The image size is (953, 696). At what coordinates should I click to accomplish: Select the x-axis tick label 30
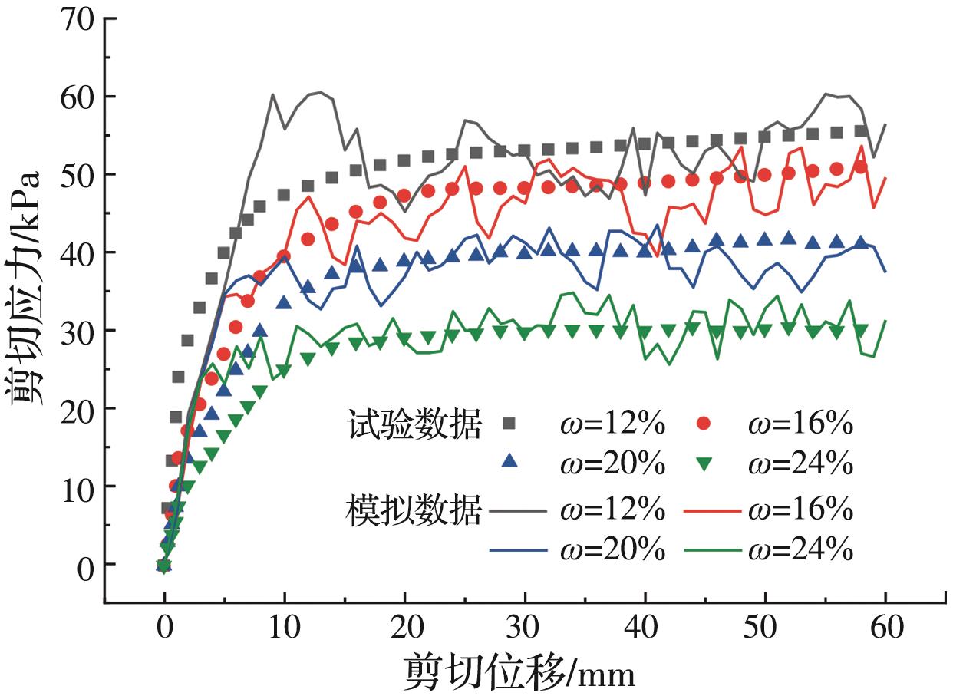525,629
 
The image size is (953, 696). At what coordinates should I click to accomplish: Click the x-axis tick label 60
885,629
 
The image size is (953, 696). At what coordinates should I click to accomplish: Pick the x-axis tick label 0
164,629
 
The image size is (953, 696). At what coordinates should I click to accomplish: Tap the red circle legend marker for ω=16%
707,424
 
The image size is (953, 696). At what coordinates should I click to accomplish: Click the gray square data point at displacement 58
861,131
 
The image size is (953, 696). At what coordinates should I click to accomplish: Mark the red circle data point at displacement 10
284,256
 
